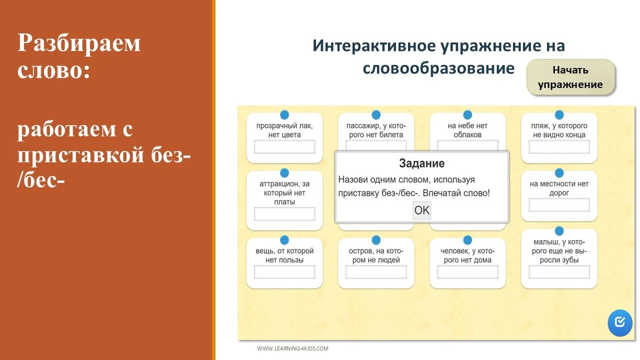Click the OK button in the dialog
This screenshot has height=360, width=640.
point(421,210)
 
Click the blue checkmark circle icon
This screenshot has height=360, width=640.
point(620,322)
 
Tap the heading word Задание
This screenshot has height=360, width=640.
point(421,163)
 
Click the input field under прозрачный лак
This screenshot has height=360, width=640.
point(284,147)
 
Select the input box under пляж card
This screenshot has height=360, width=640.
point(559,147)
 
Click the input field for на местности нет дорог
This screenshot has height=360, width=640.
point(559,205)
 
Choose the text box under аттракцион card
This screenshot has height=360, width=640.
point(284,214)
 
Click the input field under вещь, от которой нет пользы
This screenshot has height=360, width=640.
point(284,272)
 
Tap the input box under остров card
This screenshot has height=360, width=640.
point(376,272)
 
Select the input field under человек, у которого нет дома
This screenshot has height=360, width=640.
point(467,272)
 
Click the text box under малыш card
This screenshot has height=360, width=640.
point(559,272)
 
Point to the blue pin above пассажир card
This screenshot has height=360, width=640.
point(376,115)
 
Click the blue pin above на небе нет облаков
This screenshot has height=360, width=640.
point(467,115)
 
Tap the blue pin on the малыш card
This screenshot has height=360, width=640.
point(559,231)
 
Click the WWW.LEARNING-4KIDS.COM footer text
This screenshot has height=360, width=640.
point(292,348)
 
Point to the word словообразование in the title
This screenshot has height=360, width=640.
point(438,68)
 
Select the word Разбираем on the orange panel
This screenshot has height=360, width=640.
point(79,44)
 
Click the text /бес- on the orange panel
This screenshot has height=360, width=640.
point(41,179)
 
